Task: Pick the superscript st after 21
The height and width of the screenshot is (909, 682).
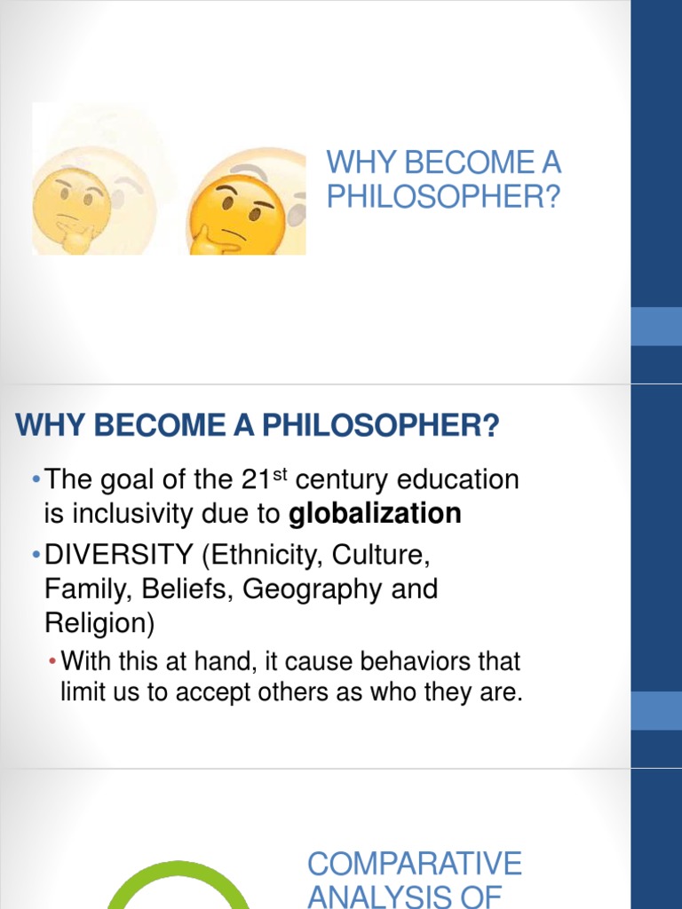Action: pos(281,472)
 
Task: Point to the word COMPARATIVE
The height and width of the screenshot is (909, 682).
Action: pos(415,863)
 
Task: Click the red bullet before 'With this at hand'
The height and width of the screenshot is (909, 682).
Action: pos(52,662)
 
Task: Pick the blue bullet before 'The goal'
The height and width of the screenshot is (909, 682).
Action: pos(35,481)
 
